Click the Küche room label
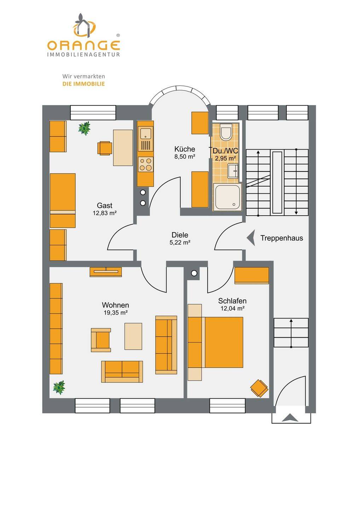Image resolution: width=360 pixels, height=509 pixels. pos(185,149)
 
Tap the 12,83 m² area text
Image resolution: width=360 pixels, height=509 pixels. pos(105,213)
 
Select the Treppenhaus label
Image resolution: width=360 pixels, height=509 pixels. pos(281,238)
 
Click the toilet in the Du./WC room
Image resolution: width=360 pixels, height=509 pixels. pos(226,131)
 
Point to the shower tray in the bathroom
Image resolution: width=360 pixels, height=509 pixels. pos(227,197)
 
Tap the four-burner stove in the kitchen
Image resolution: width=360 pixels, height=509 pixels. pos(145,164)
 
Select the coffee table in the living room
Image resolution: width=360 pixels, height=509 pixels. pos(133,336)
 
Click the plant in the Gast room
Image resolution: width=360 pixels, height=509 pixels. pos(84,128)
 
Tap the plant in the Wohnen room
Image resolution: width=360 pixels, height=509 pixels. pos(59,388)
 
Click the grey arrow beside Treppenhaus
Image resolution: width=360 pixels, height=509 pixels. pos(251,238)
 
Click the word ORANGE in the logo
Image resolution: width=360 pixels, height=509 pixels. pos(83,45)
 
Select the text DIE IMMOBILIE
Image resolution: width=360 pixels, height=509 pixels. pos(84,84)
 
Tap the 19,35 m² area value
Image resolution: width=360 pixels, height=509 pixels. pos(115,313)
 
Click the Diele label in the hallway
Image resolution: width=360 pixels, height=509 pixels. pos(180,235)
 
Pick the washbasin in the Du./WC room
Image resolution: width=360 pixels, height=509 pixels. pos(233,171)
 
